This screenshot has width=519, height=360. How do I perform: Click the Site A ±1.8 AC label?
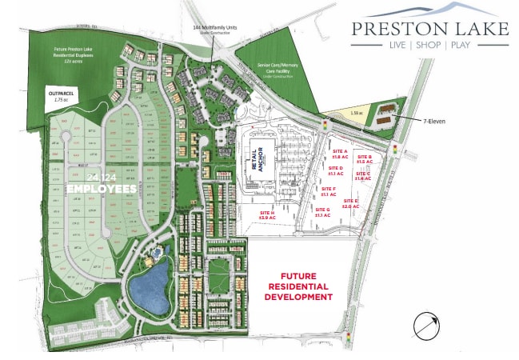339,153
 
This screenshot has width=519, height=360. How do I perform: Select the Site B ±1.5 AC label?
365,159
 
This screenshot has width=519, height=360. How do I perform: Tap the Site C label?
362,176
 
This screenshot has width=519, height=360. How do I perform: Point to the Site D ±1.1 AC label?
336,170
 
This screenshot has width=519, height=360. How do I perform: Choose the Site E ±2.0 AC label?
350,203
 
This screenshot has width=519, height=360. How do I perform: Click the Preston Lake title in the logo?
430,29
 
